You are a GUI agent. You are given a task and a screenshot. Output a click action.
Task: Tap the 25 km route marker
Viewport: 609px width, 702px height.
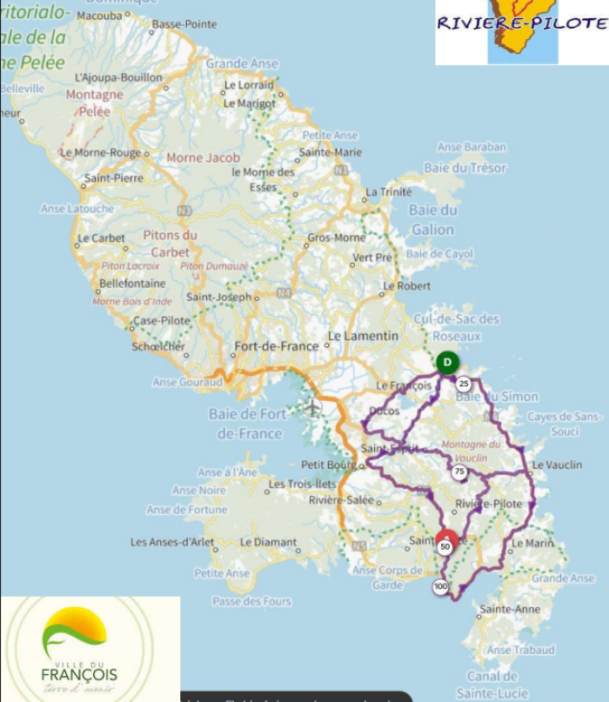click(x=464, y=384)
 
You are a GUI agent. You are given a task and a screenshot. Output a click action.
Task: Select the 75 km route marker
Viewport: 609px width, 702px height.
click(x=458, y=471)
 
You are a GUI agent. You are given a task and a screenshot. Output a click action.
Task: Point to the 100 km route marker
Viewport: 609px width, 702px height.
click(x=440, y=587)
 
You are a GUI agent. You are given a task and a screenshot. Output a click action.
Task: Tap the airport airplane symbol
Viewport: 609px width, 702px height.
click(x=312, y=406)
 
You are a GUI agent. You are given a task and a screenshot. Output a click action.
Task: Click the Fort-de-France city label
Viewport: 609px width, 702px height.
click(x=277, y=345)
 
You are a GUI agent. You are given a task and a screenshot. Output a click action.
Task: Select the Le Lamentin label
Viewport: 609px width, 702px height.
click(x=363, y=336)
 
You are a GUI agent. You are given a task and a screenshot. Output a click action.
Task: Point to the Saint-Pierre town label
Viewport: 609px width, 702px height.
click(x=113, y=178)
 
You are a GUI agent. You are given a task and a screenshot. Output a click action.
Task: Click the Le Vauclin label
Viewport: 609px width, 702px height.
click(x=557, y=465)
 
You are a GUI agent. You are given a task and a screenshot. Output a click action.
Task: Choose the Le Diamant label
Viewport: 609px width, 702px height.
click(x=269, y=542)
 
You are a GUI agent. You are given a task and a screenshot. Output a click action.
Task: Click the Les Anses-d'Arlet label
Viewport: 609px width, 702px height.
click(x=172, y=542)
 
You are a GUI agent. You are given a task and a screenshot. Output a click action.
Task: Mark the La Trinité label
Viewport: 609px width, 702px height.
click(x=389, y=191)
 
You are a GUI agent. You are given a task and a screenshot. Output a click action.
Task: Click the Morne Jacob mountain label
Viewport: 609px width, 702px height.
click(x=203, y=157)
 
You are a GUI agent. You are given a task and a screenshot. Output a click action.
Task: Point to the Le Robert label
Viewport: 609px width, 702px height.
click(x=407, y=285)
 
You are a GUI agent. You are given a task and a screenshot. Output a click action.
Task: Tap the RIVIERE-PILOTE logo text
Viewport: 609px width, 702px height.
click(x=521, y=23)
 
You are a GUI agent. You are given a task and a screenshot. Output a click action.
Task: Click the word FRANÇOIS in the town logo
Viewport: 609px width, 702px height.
click(x=79, y=674)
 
